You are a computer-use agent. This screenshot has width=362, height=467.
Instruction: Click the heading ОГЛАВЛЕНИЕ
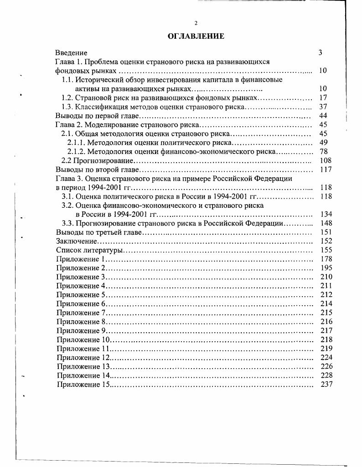pos(196,36)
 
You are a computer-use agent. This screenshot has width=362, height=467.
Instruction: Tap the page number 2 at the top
pos(196,23)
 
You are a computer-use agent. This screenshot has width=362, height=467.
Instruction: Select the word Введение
pos(71,53)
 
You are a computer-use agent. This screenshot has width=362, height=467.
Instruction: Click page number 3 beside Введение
pos(320,53)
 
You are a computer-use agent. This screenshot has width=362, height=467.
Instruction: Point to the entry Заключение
pos(76,241)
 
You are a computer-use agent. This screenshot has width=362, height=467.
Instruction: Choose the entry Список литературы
pos(90,250)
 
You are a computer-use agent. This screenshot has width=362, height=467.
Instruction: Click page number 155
pos(326,250)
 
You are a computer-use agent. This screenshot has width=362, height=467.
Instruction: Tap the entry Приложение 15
pos(83,385)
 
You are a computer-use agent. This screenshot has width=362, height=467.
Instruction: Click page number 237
pos(326,385)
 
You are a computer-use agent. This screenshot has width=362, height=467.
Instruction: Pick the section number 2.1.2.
pos(76,152)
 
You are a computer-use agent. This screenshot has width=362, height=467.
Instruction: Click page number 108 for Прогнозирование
pos(326,160)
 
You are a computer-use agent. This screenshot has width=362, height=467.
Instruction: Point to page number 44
pos(323,116)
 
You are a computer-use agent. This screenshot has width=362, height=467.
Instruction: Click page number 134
pos(326,214)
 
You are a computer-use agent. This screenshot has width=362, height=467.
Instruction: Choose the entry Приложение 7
pos(81,313)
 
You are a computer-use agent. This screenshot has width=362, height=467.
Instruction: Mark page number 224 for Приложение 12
pos(326,357)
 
